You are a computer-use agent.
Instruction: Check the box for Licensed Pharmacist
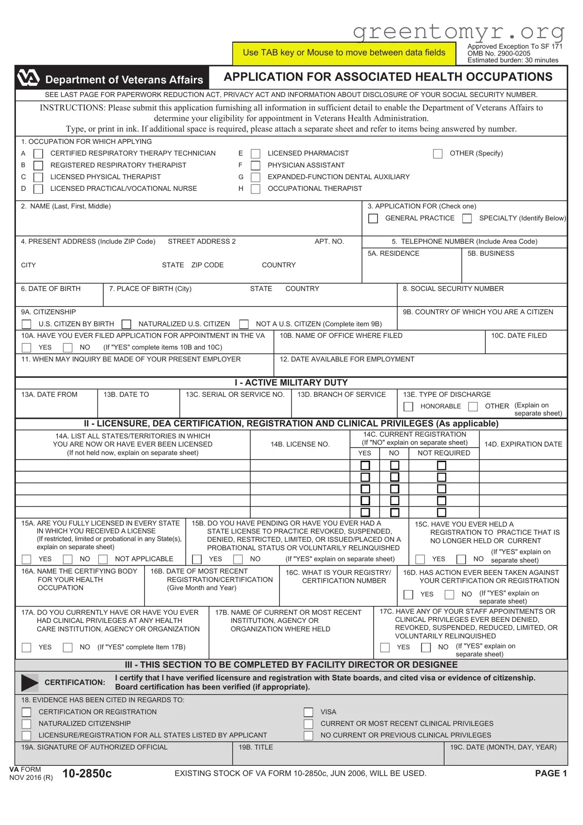pyautogui.click(x=256, y=154)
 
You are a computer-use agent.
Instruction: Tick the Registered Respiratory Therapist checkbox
pyautogui.click(x=39, y=166)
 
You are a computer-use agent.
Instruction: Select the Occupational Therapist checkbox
pyautogui.click(x=256, y=189)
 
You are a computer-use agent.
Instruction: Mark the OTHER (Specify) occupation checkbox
pyautogui.click(x=438, y=154)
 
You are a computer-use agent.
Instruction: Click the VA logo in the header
pyautogui.click(x=28, y=78)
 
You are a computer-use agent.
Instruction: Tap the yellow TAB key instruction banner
pyautogui.click(x=344, y=53)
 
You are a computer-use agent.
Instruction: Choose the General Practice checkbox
pyautogui.click(x=373, y=219)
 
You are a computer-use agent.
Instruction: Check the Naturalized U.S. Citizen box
pyautogui.click(x=127, y=324)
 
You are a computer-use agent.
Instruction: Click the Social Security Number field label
pyautogui.click(x=453, y=289)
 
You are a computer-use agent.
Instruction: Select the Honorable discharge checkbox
pyautogui.click(x=409, y=407)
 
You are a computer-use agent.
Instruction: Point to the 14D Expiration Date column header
pyautogui.click(x=523, y=444)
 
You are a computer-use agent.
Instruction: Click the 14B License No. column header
pyautogui.click(x=300, y=444)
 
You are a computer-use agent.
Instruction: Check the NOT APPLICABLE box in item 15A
pyautogui.click(x=103, y=559)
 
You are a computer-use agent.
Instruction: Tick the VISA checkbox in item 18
pyautogui.click(x=309, y=712)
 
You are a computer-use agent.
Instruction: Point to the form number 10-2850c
pyautogui.click(x=87, y=774)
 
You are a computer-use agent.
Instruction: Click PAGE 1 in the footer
pyautogui.click(x=551, y=774)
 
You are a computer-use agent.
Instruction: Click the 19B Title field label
pyautogui.click(x=256, y=747)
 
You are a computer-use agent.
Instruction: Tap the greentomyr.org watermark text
pyautogui.click(x=458, y=32)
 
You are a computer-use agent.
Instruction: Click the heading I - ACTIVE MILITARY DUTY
pyautogui.click(x=291, y=383)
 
